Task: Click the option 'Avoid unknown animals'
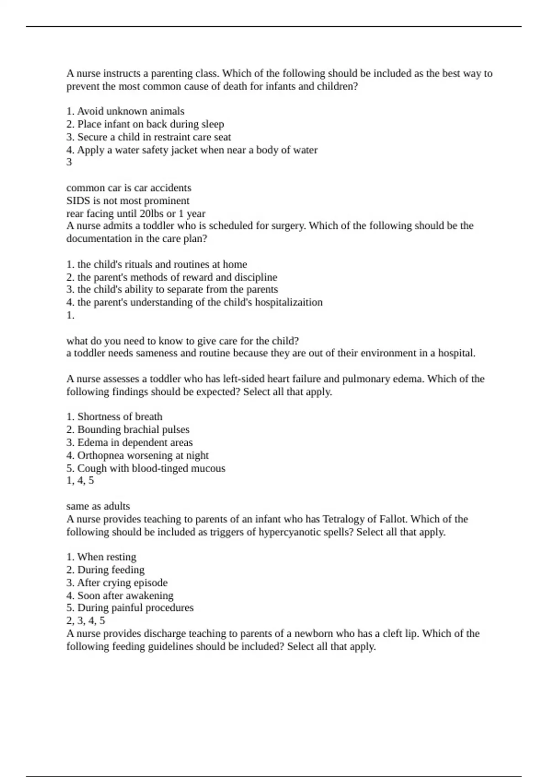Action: pos(126,112)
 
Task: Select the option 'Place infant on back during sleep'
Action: pos(145,124)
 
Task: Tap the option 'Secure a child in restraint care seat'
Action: pos(149,137)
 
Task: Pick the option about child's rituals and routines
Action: pos(157,265)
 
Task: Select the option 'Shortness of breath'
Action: pos(115,417)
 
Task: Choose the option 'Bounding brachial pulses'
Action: pos(128,430)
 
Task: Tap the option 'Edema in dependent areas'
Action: pos(130,442)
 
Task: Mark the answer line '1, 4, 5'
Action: pos(80,480)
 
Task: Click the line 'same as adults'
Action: pos(98,506)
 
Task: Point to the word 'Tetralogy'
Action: pos(345,519)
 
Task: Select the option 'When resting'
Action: pos(101,557)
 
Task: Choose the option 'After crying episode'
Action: pos(117,583)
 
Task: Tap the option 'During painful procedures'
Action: pos(130,608)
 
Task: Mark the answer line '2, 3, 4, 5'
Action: pos(86,621)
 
